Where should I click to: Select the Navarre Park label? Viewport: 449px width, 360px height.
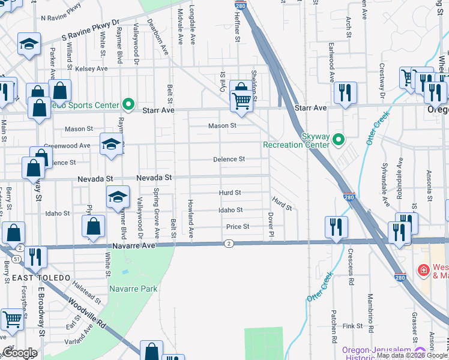133,289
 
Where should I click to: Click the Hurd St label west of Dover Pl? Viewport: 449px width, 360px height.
230,193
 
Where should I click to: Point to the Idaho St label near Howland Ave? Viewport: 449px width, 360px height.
231,210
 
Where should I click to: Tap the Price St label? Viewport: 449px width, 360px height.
237,227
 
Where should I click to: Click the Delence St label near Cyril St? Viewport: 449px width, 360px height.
230,159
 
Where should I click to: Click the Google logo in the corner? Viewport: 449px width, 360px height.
20,353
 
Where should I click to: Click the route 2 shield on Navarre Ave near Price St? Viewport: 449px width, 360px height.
229,243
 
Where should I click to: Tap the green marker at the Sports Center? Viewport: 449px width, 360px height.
128,105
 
